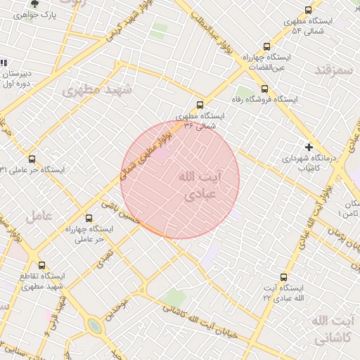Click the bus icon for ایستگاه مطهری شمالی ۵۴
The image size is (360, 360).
coord(308,10)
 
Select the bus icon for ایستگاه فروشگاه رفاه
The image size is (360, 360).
coord(264,89)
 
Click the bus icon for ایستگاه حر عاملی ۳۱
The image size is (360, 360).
coord(32,159)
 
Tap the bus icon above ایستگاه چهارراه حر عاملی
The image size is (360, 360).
coord(89,218)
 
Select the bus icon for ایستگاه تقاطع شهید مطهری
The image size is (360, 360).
coord(42,265)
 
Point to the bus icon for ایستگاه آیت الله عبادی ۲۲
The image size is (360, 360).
coord(283,277)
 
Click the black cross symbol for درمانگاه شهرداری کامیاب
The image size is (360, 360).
coord(309,146)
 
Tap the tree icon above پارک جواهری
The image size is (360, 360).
coord(25,4)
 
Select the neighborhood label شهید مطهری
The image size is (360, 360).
coord(92,91)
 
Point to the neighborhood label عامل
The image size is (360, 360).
coord(39,217)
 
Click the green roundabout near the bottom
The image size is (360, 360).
coord(94,326)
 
